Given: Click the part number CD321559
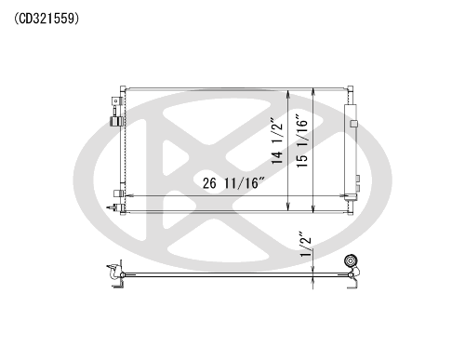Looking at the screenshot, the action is pyautogui.click(x=46, y=19).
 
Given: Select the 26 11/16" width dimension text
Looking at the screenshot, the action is pyautogui.click(x=234, y=182).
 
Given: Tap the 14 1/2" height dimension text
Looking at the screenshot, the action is pyautogui.click(x=277, y=140).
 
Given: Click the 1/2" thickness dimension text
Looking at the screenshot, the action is pyautogui.click(x=305, y=245).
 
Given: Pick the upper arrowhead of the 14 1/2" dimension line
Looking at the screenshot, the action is pyautogui.click(x=288, y=94).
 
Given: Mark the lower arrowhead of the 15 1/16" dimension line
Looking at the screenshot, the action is pyautogui.click(x=313, y=208).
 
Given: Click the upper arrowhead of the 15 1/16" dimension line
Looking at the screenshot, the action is pyautogui.click(x=313, y=92).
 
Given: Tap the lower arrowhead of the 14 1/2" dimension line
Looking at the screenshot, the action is pyautogui.click(x=288, y=207).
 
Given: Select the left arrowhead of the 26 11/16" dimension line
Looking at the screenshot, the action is pyautogui.click(x=128, y=195).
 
